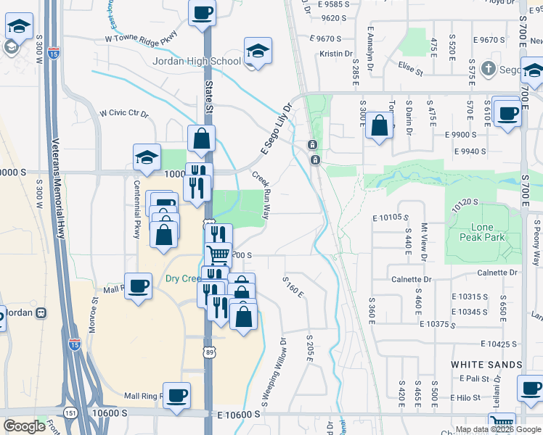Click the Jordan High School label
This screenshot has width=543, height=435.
coord(196,61)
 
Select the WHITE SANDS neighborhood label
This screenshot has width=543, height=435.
coord(486,364)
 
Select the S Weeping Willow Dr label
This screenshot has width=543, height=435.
coord(274,370)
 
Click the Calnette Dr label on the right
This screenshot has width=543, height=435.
coord(495,273)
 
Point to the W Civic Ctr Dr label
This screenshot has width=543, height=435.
coord(123,114)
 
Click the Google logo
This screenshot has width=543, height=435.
coord(24,426)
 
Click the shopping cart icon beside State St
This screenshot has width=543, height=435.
coord(219,254)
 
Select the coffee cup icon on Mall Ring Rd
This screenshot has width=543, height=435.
coord(176,394)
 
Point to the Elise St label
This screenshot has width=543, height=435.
coord(410,70)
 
